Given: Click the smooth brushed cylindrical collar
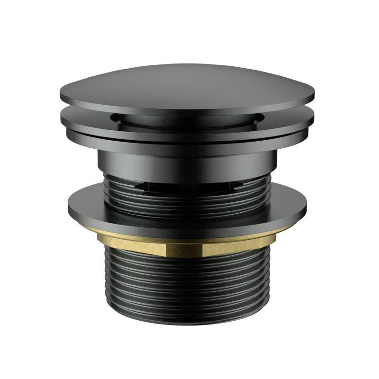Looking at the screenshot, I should click(189, 163).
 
